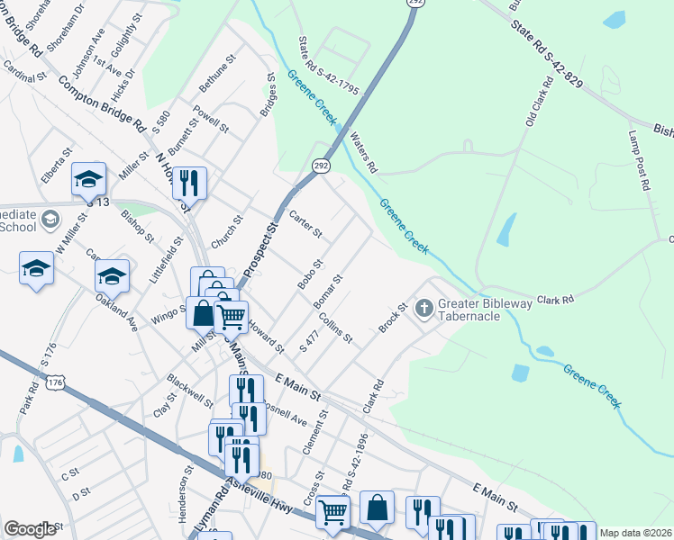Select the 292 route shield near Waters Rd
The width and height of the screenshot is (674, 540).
tap(322, 166)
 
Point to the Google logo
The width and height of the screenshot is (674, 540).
tap(30, 529)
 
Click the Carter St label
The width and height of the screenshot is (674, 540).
tap(306, 225)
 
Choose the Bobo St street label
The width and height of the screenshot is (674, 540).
tap(311, 274)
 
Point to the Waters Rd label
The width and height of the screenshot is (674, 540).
tap(363, 154)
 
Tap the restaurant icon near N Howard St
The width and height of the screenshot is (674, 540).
tap(189, 184)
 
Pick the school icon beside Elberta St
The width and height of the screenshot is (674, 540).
tap(88, 180)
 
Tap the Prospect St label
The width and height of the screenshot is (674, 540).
tap(261, 249)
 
